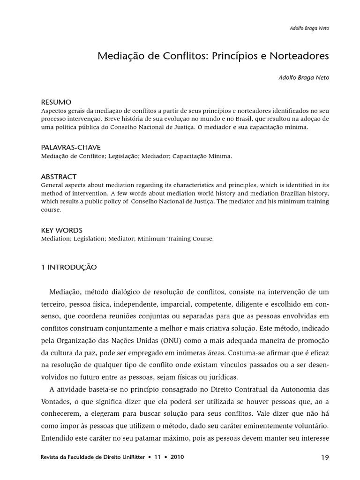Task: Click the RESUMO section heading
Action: pyautogui.click(x=56, y=102)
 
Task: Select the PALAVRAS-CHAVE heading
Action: pyautogui.click(x=71, y=147)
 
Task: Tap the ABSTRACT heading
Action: pyautogui.click(x=59, y=177)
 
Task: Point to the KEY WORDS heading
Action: pyautogui.click(x=62, y=230)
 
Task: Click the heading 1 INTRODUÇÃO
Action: pyautogui.click(x=69, y=267)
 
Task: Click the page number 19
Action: pyautogui.click(x=325, y=457)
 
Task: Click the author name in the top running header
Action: pyautogui.click(x=309, y=28)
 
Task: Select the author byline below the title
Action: pyautogui.click(x=304, y=77)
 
